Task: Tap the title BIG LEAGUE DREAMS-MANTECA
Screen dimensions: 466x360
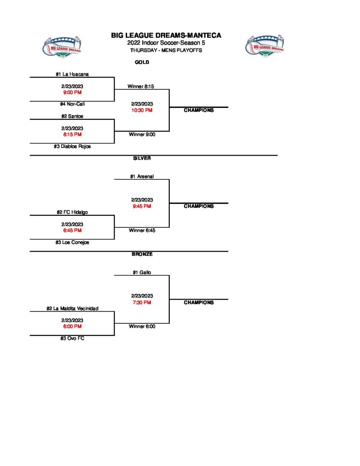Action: coord(166,35)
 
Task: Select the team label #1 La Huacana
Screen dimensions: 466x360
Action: coord(72,74)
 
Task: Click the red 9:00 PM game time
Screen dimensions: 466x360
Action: coord(72,92)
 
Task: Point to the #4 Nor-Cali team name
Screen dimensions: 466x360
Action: coord(72,104)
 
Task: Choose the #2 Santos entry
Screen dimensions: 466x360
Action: coord(72,116)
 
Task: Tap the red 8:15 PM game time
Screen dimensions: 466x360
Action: coord(72,134)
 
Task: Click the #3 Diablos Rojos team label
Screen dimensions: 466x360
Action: coord(72,147)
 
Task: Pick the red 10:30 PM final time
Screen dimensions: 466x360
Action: coord(142,110)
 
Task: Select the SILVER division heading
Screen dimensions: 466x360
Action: coord(142,158)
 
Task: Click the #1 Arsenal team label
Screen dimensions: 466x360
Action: coord(142,176)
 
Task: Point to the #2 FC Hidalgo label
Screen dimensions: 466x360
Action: coord(72,212)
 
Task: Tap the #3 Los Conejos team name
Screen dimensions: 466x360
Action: coord(72,243)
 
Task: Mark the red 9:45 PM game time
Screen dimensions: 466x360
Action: coord(142,206)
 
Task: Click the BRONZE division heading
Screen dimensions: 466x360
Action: coord(142,254)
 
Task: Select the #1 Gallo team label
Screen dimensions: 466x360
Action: coord(142,272)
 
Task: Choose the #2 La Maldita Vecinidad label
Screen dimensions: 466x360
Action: coord(72,308)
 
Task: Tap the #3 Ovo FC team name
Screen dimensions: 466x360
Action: coord(72,339)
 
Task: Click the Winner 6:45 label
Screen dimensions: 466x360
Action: coord(142,230)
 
